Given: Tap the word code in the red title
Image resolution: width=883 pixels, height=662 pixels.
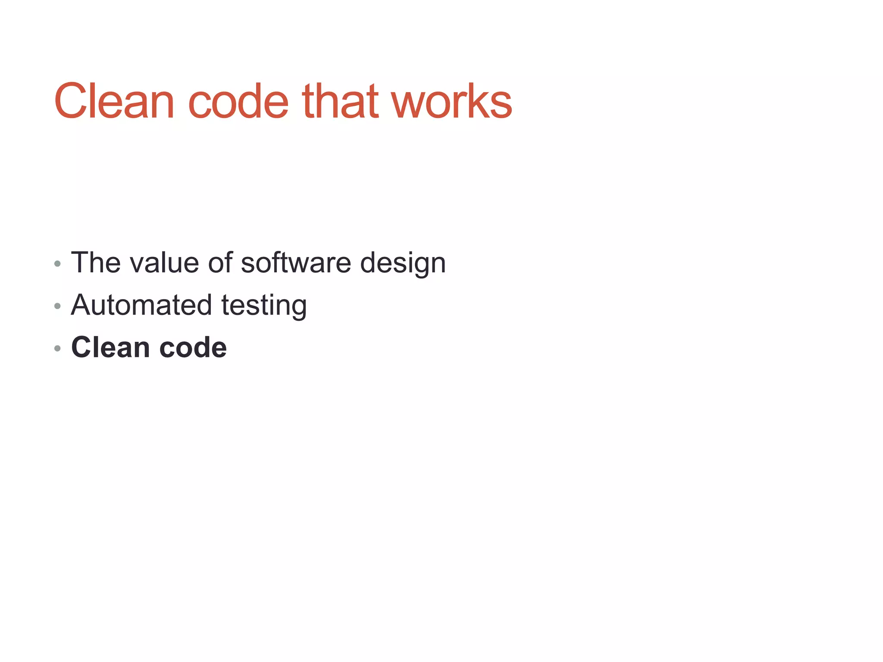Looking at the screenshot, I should coord(238,101).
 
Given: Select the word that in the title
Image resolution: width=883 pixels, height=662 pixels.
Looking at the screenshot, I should coord(340,101).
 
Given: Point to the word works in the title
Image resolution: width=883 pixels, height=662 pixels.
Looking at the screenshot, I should coord(451,101).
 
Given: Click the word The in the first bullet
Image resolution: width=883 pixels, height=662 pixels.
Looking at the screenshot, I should coord(95,262).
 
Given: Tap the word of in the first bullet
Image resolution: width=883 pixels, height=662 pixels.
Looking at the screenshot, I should coord(220,262).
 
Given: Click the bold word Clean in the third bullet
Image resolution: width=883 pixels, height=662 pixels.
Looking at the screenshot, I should coord(110,347).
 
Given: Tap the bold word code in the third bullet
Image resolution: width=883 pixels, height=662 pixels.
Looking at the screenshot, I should coord(193,347).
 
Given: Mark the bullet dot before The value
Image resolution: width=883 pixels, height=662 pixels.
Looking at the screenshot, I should coord(57,264).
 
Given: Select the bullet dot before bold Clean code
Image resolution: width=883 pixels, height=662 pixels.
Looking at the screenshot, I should coord(57,348).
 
